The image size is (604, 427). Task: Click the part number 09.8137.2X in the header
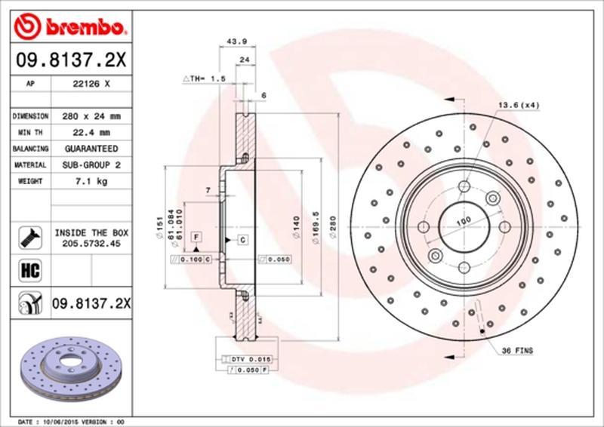click(69, 59)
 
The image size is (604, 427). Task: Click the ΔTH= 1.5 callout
click(205, 78)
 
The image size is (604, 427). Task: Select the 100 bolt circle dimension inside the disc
click(463, 220)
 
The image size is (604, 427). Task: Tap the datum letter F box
click(196, 237)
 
